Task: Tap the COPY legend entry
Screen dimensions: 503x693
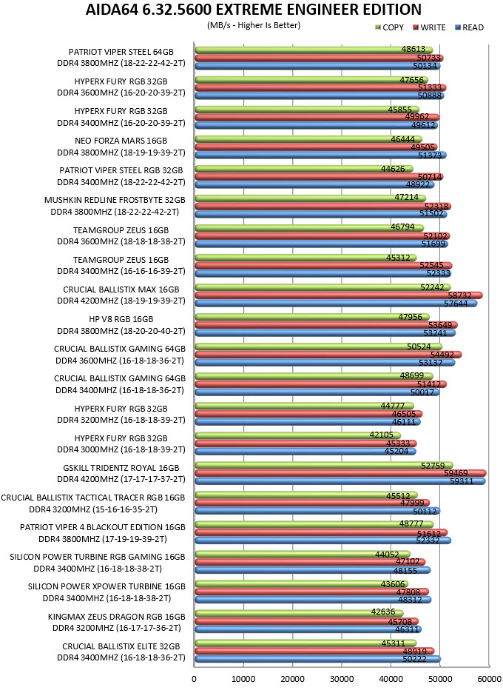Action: click(x=389, y=27)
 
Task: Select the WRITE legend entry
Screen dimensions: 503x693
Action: click(x=429, y=27)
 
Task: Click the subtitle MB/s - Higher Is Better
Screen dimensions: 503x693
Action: click(x=254, y=25)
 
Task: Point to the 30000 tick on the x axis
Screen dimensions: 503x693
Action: click(x=341, y=679)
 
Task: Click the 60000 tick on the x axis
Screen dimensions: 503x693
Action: click(x=489, y=679)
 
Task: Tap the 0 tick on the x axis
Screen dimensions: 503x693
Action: click(x=195, y=679)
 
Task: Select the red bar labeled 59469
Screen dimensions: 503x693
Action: click(x=340, y=473)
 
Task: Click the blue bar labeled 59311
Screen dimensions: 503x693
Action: click(x=340, y=481)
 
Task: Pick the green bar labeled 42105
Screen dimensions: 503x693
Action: click(x=297, y=435)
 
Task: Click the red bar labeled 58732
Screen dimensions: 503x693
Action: click(x=339, y=295)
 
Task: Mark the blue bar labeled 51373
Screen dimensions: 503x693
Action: click(x=320, y=155)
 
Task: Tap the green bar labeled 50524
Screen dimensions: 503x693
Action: click(x=318, y=346)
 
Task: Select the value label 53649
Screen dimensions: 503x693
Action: click(x=440, y=325)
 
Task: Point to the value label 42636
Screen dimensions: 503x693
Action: click(x=383, y=612)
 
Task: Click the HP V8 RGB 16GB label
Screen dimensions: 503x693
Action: click(x=121, y=319)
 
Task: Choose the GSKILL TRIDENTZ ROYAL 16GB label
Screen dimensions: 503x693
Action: click(x=121, y=468)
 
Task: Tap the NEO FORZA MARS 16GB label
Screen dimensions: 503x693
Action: click(x=121, y=141)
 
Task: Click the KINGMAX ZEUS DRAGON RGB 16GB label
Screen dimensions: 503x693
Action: click(x=117, y=617)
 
